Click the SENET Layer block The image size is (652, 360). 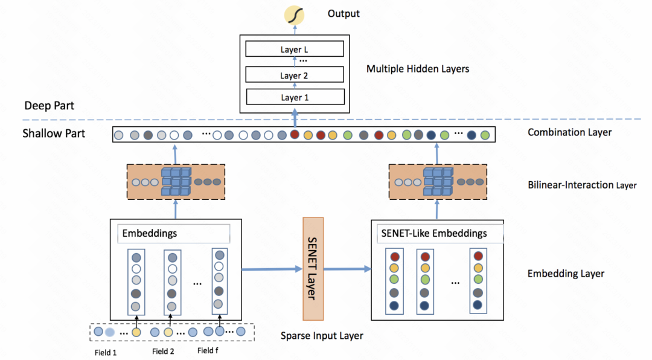pos(313,268)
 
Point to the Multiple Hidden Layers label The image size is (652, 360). pos(418,69)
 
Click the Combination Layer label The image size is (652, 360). pos(569,132)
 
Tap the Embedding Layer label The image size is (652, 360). pos(566,274)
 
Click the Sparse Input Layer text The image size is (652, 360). pos(322,335)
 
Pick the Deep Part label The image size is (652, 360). pos(50,106)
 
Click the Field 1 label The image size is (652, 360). pos(106,352)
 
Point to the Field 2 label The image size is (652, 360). pos(163,352)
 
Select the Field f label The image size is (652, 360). pos(208,350)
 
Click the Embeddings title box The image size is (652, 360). pos(175,233)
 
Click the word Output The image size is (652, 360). pos(344,13)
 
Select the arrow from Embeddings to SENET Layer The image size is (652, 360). pos(272,269)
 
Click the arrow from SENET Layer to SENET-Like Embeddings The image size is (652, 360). pos(347,269)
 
